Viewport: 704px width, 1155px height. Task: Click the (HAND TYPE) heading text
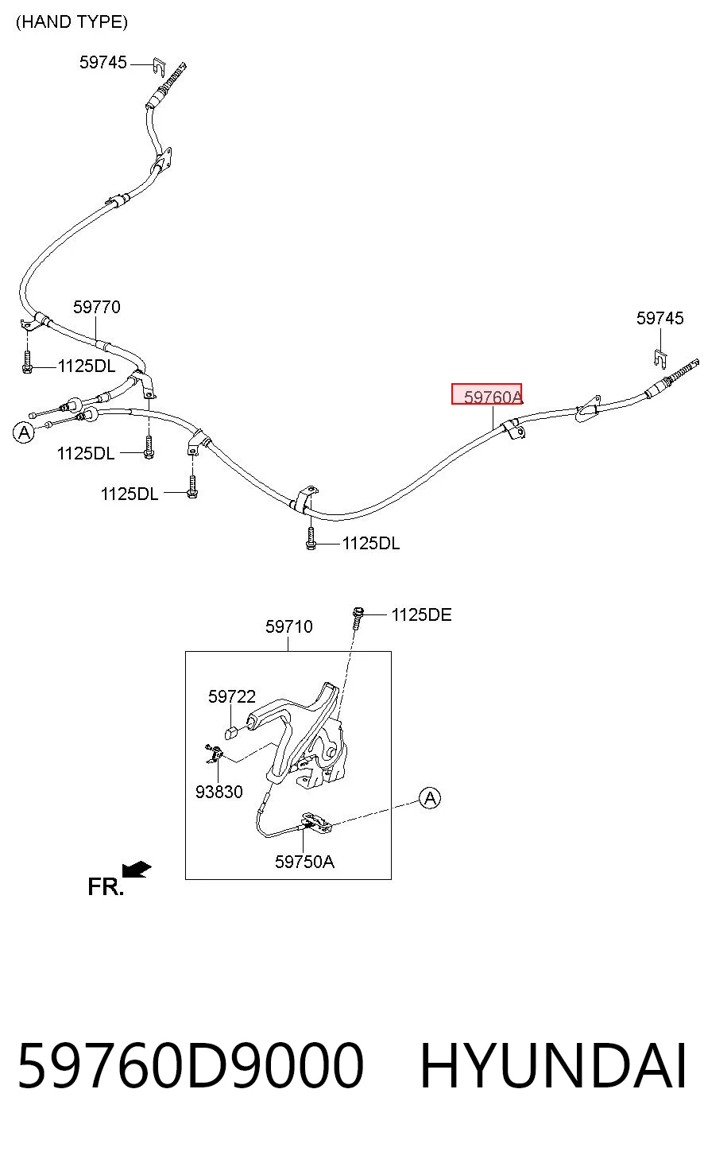[72, 22]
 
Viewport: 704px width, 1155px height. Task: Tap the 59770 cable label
[96, 307]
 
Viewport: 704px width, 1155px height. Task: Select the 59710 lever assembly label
[289, 626]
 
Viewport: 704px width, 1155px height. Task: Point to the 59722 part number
[232, 696]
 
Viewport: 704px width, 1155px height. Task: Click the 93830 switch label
[219, 792]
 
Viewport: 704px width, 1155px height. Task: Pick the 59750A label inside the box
[304, 862]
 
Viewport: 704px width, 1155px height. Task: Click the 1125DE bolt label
[422, 614]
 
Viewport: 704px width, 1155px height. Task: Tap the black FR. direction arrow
[137, 870]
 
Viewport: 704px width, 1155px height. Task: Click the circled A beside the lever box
[430, 798]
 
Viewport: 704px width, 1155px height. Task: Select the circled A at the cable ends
[23, 432]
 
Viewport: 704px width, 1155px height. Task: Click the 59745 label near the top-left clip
[103, 62]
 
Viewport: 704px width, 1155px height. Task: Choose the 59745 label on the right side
[660, 318]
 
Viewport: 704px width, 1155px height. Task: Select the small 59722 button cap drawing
[231, 733]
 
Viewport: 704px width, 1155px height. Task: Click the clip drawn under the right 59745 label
[660, 359]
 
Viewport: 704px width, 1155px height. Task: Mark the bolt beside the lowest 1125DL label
[310, 538]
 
